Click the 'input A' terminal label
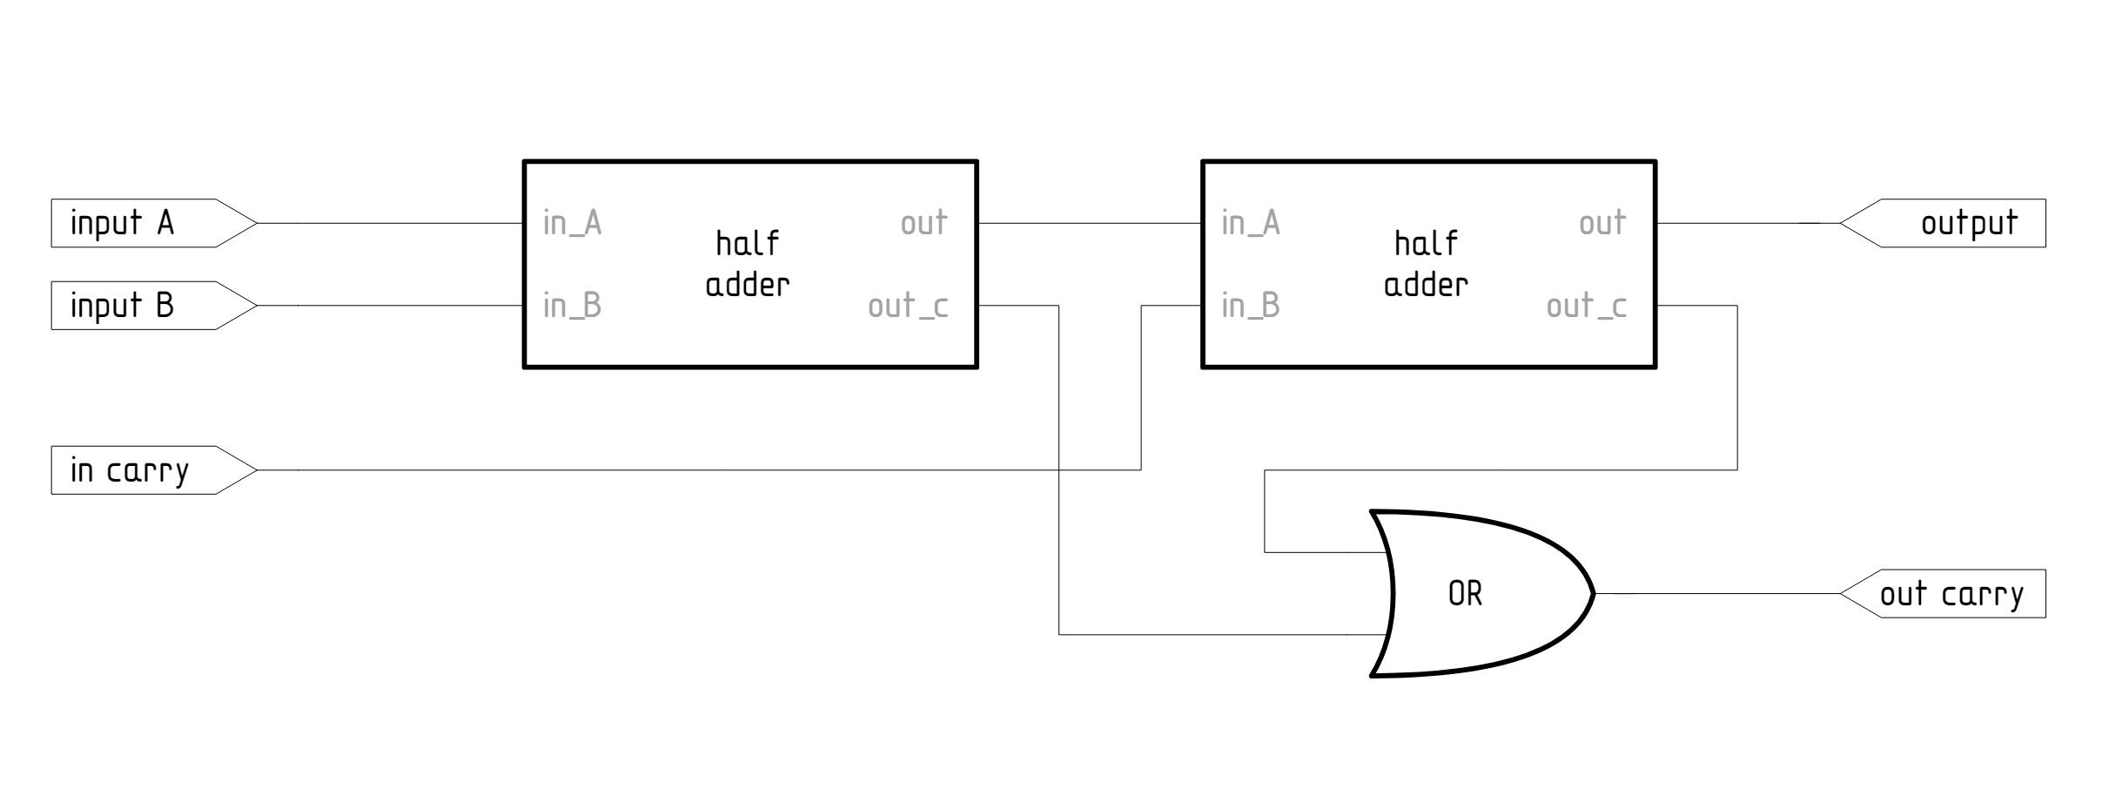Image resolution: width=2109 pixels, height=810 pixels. coord(123,223)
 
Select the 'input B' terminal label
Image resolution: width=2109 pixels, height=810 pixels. coord(123,306)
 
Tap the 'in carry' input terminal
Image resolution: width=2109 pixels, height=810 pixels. coord(130,470)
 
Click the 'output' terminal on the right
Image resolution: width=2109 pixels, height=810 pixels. coord(1968,223)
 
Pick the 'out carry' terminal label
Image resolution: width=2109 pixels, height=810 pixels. coord(1951,594)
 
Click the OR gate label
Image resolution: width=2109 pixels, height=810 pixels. coord(1465,594)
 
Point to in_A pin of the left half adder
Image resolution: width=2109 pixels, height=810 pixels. coord(572,223)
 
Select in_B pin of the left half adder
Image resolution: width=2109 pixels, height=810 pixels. coord(572,306)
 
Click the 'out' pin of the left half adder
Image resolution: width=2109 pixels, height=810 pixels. coord(924,223)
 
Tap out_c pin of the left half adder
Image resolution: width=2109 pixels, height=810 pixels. coord(908,306)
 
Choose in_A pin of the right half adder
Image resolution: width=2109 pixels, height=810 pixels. coord(1250,223)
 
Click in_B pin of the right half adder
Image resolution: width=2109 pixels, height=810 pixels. coord(1250,306)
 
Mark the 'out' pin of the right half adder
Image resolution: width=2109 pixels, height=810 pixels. coord(1602,223)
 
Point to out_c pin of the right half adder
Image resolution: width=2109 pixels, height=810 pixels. coord(1586,306)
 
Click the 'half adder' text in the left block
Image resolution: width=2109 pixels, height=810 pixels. coord(748,264)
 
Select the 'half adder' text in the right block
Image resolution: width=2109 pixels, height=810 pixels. coord(1426,264)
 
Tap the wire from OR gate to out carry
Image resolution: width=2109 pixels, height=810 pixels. coord(1715,594)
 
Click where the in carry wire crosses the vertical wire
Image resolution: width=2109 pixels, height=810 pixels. coord(1059,470)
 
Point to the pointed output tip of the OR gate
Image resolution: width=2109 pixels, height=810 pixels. coord(1592,594)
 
